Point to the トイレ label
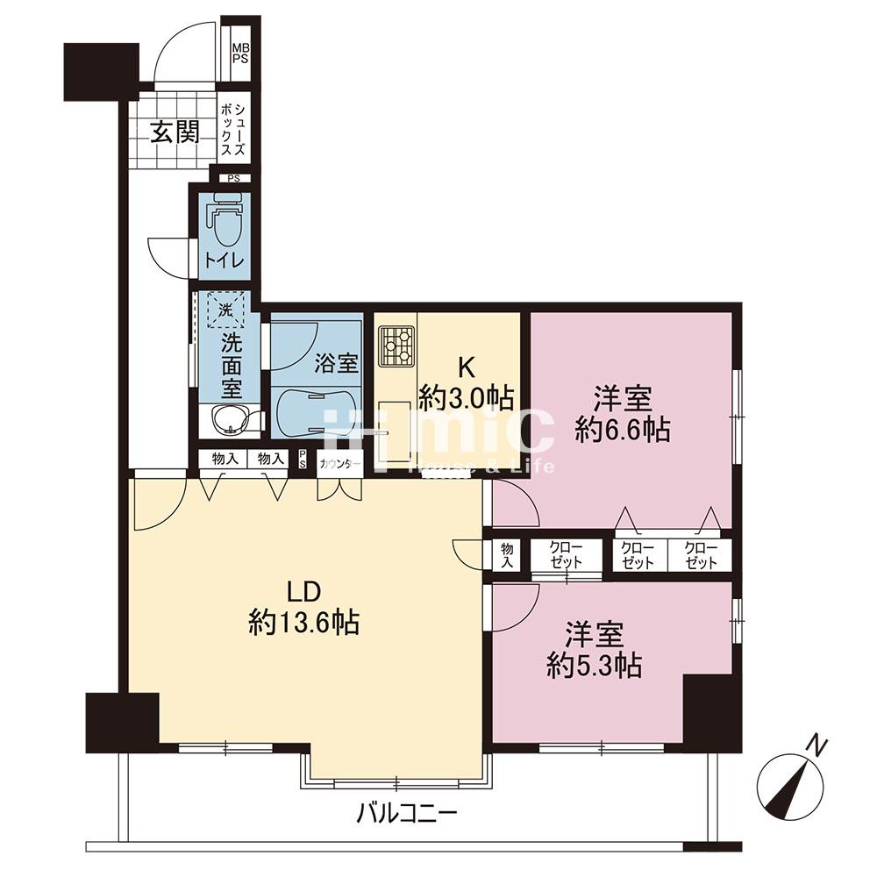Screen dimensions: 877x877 click(225, 260)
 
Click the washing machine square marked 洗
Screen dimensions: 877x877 click(225, 309)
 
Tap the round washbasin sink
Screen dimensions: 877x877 click(229, 420)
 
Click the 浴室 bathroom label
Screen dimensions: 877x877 click(336, 364)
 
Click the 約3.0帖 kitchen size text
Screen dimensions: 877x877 click(467, 397)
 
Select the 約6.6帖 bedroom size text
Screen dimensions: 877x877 click(623, 430)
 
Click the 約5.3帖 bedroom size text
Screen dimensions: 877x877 click(594, 665)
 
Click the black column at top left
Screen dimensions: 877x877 click(101, 72)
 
